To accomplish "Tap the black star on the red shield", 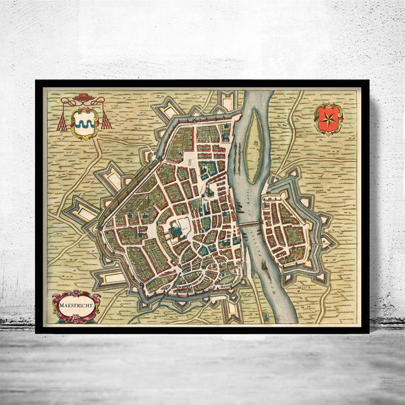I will [329, 118].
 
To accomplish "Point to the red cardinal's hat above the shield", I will [83, 99].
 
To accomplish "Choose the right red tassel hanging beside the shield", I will [105, 122].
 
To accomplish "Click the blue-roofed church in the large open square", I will [177, 232].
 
